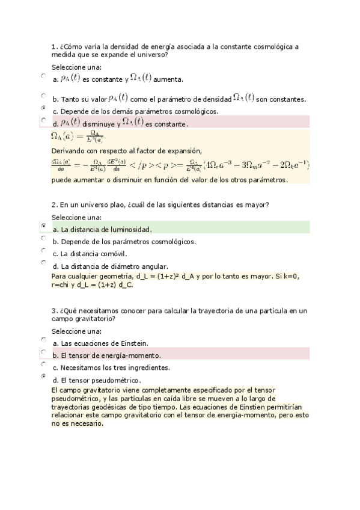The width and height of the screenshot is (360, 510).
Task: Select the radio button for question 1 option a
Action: click(43, 76)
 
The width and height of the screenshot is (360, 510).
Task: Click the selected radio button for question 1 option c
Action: click(43, 107)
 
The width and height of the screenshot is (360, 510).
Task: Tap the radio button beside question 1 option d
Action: click(43, 120)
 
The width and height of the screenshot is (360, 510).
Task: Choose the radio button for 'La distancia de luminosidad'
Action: click(43, 226)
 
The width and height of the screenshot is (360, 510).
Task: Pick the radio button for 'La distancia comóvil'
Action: click(43, 250)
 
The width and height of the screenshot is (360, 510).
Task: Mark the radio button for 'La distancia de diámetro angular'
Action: click(43, 262)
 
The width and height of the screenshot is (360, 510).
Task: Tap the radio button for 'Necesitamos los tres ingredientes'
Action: click(43, 364)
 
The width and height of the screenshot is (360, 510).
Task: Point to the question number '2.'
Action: click(55, 205)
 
